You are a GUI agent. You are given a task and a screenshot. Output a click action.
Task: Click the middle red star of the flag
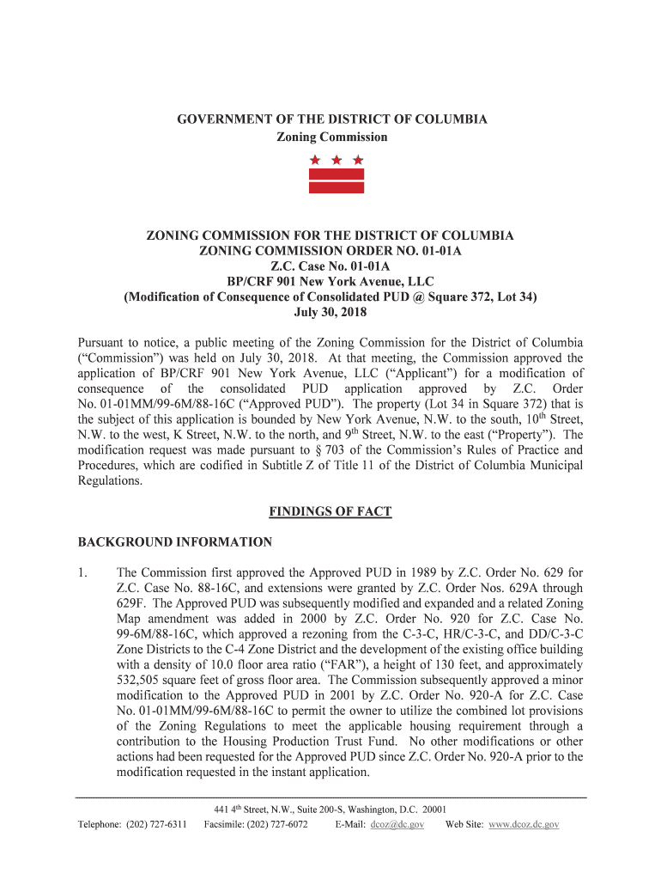coord(337,160)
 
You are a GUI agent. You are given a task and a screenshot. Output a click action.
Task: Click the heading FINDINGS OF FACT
coord(330,512)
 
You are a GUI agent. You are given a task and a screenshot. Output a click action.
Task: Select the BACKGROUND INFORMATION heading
coord(175,542)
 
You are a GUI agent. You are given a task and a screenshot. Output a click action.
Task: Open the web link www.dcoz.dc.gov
coord(524,825)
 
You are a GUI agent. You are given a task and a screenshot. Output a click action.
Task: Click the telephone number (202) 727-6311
coord(156,825)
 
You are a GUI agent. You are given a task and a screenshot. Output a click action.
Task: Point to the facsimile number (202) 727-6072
coord(276,825)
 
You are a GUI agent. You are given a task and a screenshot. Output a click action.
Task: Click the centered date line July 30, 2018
coord(330,313)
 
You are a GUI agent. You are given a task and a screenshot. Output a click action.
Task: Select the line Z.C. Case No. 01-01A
coord(330,266)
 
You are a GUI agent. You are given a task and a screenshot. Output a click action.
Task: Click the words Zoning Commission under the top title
coord(331,137)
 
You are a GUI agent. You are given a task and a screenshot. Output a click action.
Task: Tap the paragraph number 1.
coord(83,572)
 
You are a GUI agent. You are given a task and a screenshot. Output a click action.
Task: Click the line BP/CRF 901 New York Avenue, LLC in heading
coord(330,282)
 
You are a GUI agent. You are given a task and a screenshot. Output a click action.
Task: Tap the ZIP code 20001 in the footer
coord(432,810)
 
